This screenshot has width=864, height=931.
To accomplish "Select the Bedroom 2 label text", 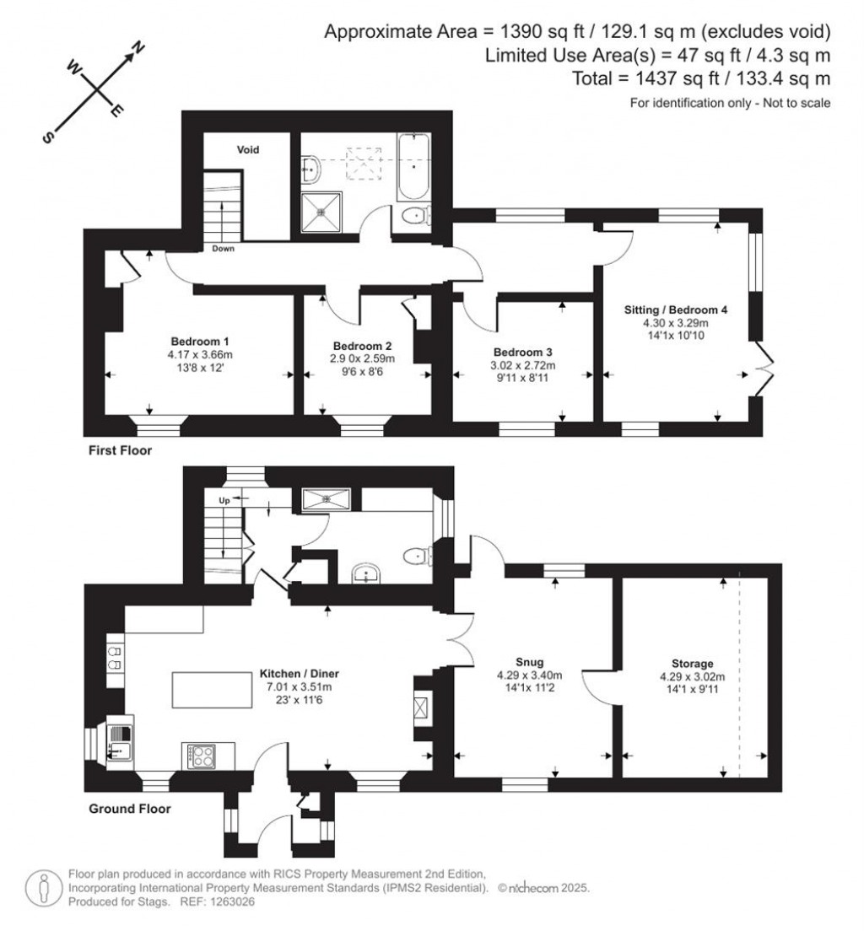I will pos(363,346).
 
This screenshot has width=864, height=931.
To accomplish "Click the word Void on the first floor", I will pos(247,150).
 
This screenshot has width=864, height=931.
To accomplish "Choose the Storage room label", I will pos(687,664).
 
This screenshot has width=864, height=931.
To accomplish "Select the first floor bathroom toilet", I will pos(414,216).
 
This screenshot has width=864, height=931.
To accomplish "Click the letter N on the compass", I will pos(139,48).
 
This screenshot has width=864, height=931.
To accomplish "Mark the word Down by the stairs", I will pos(224,249).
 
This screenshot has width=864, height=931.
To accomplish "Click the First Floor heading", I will pos(120,450).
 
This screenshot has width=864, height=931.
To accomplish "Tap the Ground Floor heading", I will pos(129,809).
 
